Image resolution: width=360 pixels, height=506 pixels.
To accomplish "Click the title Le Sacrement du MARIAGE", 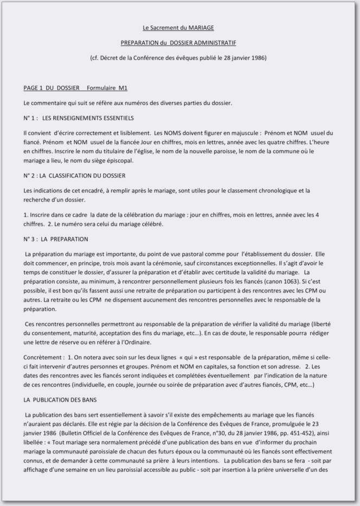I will pos(178,27).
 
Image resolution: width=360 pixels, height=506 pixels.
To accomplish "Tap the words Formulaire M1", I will pos(107,88).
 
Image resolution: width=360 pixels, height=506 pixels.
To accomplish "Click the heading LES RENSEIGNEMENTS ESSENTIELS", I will pos(88,118).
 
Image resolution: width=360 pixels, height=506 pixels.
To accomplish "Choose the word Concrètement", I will pos(42,358).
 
